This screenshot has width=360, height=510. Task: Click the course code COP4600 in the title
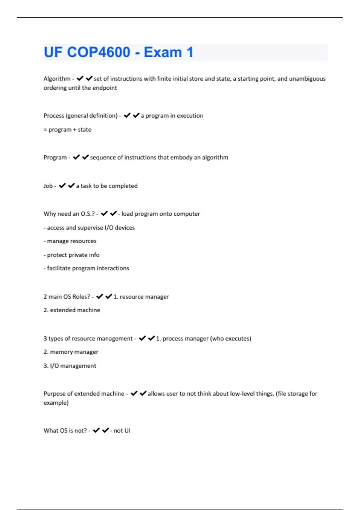98,52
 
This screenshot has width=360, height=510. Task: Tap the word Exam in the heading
163,52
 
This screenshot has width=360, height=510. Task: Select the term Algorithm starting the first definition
57,79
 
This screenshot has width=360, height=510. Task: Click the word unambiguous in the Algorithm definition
307,79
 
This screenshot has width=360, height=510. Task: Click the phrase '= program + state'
67,130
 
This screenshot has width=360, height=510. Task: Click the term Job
48,186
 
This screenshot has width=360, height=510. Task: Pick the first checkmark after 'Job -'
62,186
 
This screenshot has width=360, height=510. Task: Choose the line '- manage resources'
70,241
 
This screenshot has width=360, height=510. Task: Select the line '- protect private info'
71,255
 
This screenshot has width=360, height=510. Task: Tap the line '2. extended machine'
72,310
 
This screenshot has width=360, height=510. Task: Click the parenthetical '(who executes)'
230,339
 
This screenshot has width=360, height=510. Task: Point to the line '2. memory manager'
71,352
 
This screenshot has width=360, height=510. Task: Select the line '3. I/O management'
70,366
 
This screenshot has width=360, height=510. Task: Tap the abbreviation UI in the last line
127,431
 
